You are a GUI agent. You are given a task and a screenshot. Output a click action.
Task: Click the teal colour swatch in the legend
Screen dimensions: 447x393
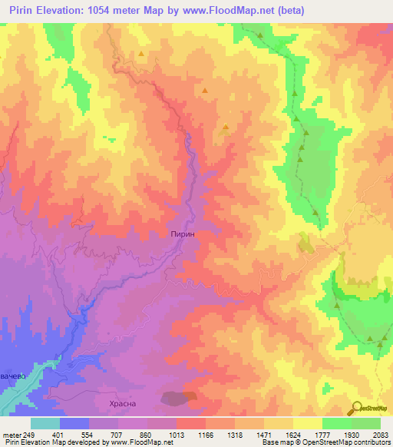tap(45, 423)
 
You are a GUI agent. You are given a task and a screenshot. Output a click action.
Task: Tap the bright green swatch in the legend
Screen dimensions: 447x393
tap(337, 423)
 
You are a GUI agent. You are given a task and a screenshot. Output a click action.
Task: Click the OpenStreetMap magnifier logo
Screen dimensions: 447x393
tap(355, 409)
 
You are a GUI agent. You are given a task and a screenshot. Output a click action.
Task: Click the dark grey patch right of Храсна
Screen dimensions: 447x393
tap(179, 397)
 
